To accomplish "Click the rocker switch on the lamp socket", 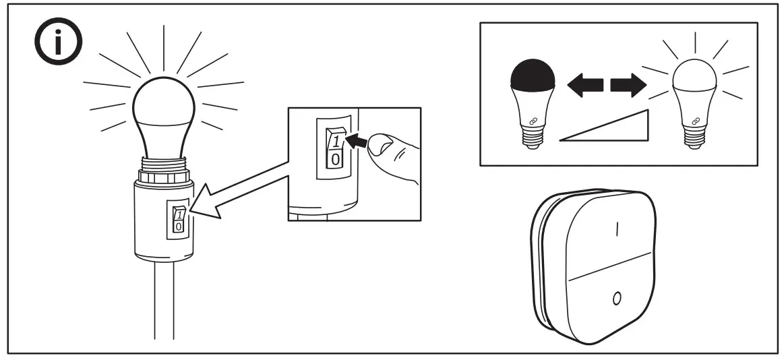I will coord(178,220).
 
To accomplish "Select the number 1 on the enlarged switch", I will coord(336,142).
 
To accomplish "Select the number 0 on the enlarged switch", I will coord(336,160).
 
